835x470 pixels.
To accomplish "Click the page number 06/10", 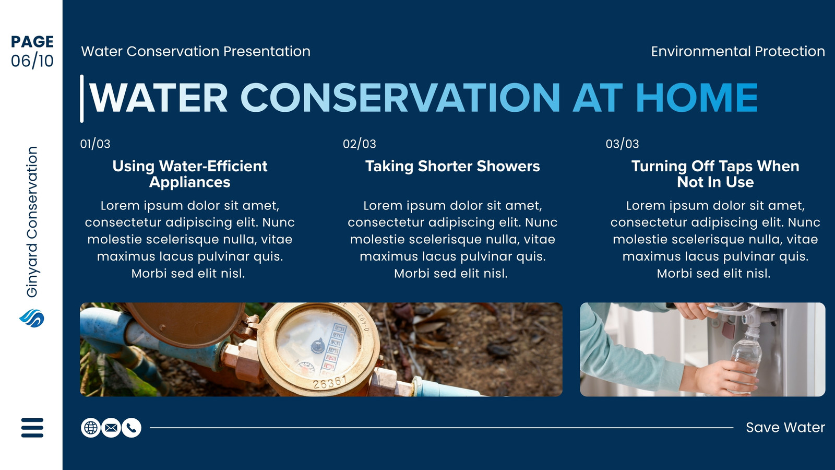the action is (32, 61).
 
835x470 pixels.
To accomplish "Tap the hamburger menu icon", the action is (32, 428).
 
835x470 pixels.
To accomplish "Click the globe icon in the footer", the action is (91, 428).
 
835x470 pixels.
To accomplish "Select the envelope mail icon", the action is (111, 428).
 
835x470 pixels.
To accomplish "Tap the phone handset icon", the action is (132, 428).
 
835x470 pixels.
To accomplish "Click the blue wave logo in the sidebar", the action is (32, 318).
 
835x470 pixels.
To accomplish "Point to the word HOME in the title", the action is (697, 98).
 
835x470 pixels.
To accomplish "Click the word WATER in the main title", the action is (158, 98).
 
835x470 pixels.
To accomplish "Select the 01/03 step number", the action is (95, 144).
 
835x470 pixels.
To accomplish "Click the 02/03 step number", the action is (360, 144).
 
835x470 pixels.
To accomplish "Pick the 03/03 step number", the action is (622, 144).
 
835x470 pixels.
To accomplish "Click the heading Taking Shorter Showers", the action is (452, 167).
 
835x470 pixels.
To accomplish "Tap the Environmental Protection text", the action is (738, 52).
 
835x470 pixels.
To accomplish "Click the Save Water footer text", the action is (785, 428).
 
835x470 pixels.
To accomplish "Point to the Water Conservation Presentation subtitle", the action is (196, 52).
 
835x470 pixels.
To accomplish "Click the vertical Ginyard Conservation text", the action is (32, 222).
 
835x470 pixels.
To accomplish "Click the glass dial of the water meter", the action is (318, 345).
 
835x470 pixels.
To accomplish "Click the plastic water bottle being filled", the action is (744, 358).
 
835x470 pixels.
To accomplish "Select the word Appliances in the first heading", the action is (190, 182).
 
